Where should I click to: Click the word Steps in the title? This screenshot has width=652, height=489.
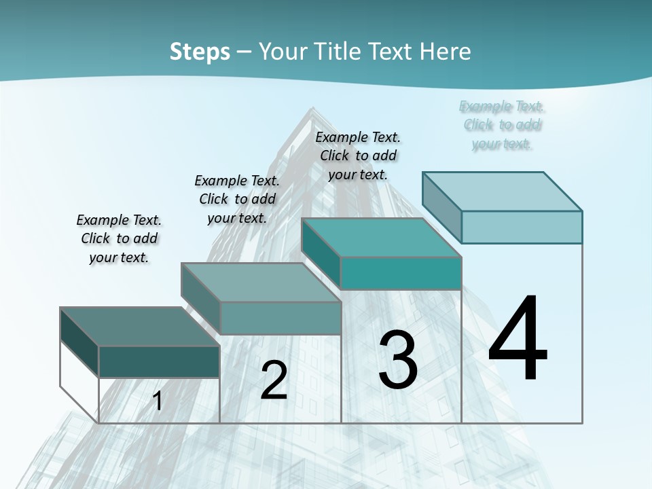200,52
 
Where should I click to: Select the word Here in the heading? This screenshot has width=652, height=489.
445,52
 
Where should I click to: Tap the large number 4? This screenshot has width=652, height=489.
518,340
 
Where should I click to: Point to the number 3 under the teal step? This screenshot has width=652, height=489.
398,360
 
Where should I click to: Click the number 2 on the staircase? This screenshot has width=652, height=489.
274,380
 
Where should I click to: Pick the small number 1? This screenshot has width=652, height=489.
158,401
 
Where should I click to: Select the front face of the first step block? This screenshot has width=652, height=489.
159,361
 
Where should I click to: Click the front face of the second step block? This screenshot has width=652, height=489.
280,318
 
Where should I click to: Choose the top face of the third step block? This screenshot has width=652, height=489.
381,238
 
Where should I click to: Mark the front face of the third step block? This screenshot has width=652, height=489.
401,273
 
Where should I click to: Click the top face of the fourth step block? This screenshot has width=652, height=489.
502,192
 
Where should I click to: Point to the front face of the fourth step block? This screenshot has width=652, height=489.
522,227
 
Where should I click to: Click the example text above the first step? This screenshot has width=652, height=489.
119,238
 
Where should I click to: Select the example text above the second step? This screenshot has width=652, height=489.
237,199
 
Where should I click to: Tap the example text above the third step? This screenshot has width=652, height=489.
358,156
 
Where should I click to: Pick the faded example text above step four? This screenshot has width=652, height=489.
502,125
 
